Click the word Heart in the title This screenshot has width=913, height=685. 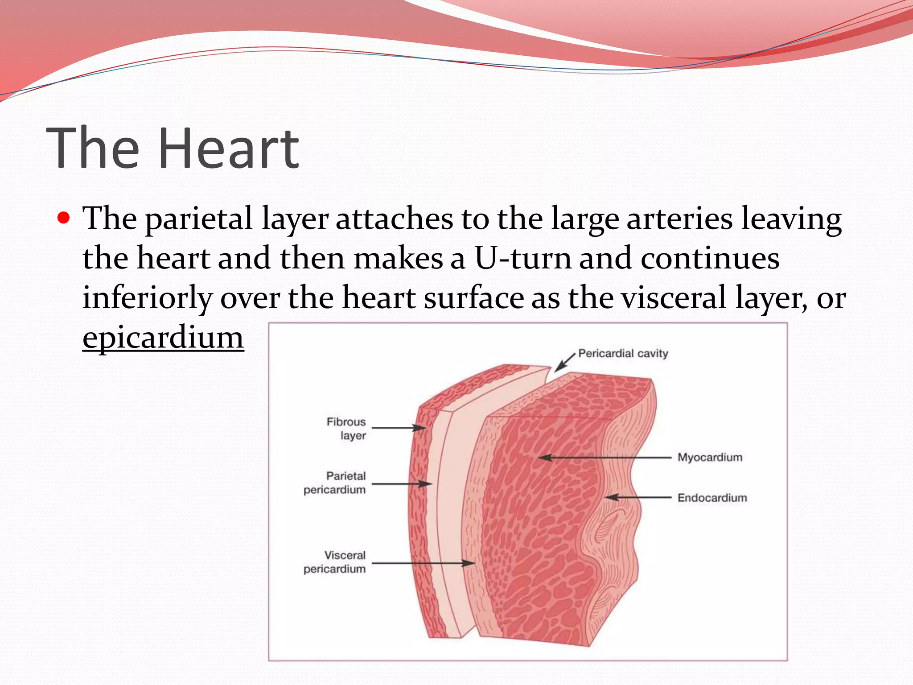coord(228,148)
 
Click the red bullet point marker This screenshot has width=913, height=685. coord(64,219)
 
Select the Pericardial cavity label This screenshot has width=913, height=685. coord(623,354)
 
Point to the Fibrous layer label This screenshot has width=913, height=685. coord(346,428)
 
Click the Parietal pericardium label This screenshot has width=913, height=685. coord(335,483)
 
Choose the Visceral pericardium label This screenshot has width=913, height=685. coord(335,562)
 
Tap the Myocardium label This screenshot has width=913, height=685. coord(710,458)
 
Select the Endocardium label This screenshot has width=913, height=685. coord(712,498)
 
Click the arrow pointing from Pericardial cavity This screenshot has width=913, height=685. coord(565,362)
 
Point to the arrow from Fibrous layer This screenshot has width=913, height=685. coord(399,428)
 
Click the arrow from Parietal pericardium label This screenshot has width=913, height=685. coord(401,484)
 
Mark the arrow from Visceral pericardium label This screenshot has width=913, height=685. coord(424,563)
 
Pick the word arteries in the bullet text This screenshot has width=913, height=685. coord(679,219)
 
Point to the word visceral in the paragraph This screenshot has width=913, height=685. coord(674,298)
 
